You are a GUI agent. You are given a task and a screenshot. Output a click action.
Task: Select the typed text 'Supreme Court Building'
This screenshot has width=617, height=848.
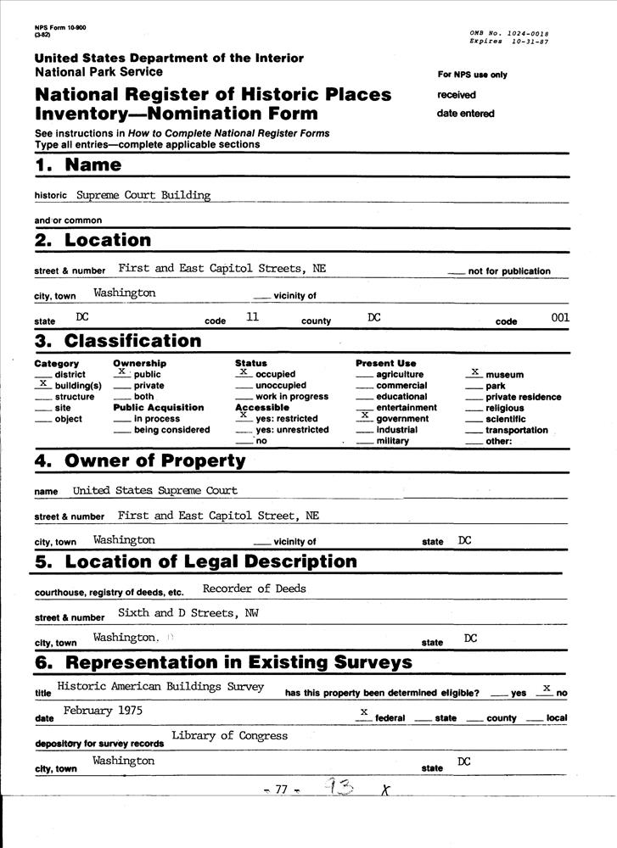[143, 195]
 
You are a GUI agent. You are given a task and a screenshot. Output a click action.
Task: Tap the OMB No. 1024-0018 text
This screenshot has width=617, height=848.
[508, 32]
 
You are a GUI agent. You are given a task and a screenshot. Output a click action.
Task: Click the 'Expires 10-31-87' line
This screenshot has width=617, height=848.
[508, 41]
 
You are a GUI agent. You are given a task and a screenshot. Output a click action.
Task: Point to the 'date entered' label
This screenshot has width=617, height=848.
[465, 114]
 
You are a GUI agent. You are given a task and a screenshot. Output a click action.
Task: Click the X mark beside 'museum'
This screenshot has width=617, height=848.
[475, 372]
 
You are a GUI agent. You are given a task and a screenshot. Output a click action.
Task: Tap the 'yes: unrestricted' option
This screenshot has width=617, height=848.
[291, 430]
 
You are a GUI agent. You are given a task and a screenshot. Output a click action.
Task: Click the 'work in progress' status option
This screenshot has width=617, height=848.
[291, 397]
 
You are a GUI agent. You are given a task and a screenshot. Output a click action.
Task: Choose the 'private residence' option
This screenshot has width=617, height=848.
[523, 397]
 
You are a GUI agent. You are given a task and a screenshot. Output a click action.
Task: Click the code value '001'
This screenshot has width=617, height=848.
[560, 317]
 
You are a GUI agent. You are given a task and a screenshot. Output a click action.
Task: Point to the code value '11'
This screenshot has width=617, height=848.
[252, 317]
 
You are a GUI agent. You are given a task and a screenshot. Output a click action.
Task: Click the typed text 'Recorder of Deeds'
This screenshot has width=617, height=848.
[255, 589]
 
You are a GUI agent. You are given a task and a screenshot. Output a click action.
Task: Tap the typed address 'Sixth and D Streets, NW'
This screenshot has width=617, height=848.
[188, 611]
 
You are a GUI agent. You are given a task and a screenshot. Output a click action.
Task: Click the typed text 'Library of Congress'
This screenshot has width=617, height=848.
[229, 735]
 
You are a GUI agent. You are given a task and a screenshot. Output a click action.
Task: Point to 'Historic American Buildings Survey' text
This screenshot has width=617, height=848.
[160, 686]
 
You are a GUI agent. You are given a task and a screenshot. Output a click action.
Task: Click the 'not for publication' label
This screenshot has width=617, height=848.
[508, 271]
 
